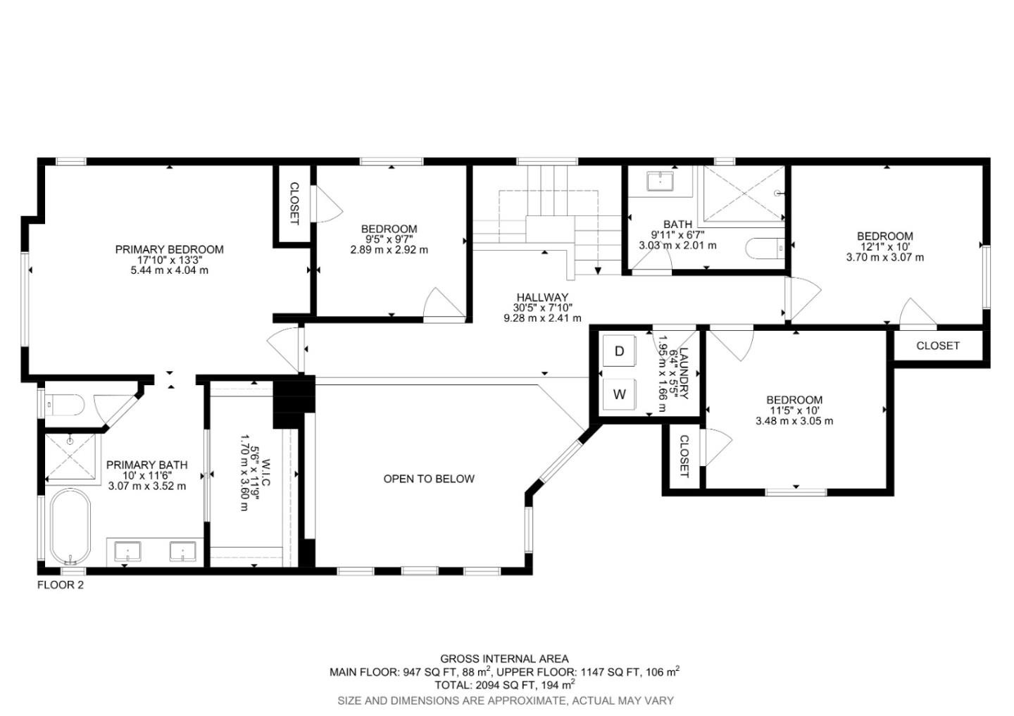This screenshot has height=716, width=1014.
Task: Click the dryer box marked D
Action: (620, 351)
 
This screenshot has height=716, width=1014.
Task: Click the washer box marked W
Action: (620, 394)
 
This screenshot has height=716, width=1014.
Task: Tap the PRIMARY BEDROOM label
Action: (169, 249)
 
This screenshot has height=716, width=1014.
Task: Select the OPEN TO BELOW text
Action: (428, 479)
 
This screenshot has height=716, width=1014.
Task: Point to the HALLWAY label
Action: (542, 297)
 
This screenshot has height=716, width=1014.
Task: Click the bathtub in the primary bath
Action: (70, 527)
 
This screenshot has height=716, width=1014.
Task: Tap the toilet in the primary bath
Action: (63, 405)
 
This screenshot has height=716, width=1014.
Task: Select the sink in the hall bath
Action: (660, 182)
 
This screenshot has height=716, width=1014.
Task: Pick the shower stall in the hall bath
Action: (744, 192)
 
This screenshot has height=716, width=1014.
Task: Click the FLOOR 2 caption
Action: (60, 584)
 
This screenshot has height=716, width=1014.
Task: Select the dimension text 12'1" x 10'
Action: (884, 247)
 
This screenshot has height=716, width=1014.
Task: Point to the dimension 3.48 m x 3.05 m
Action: (794, 421)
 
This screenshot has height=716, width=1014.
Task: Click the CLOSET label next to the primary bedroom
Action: (294, 204)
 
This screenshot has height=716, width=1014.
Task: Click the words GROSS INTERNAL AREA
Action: (504, 659)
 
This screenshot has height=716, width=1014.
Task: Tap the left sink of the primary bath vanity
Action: (127, 551)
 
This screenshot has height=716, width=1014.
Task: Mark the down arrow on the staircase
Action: (598, 270)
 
